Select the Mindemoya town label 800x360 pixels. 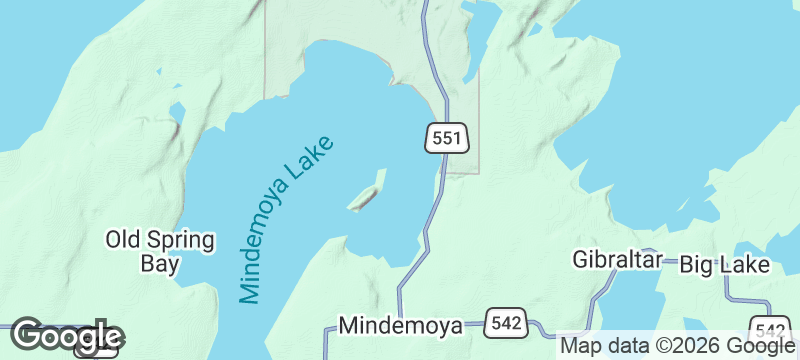[x=401, y=326]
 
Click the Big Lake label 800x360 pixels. [x=724, y=265]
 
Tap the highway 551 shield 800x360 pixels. [x=446, y=138]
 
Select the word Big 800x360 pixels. [x=698, y=265]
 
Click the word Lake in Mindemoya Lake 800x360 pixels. [x=310, y=160]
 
